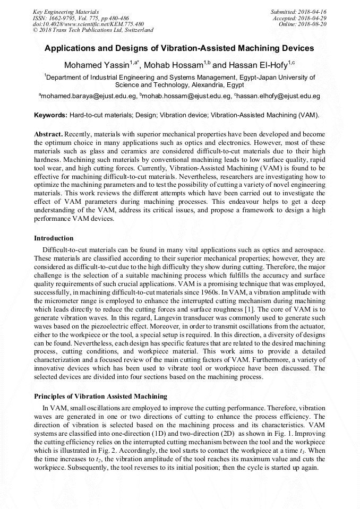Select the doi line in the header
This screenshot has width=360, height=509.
(88, 24)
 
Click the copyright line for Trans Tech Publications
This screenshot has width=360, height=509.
(93, 30)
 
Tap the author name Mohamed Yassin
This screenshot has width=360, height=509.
(96, 65)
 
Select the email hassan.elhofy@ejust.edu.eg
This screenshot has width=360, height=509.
(278, 97)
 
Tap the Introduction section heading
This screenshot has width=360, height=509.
(54, 238)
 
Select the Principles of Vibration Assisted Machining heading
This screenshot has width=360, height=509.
(100, 396)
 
